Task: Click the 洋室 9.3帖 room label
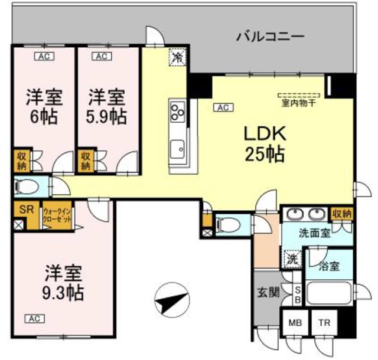[x=64, y=283]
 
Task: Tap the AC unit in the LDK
[x=223, y=107]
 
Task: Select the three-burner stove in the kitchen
[x=177, y=110]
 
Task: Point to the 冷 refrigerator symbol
[x=177, y=57]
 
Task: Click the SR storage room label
[x=26, y=210]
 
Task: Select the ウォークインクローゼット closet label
[x=57, y=215]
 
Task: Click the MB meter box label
[x=294, y=323]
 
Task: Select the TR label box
[x=324, y=323]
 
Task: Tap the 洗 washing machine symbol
[x=292, y=258]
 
